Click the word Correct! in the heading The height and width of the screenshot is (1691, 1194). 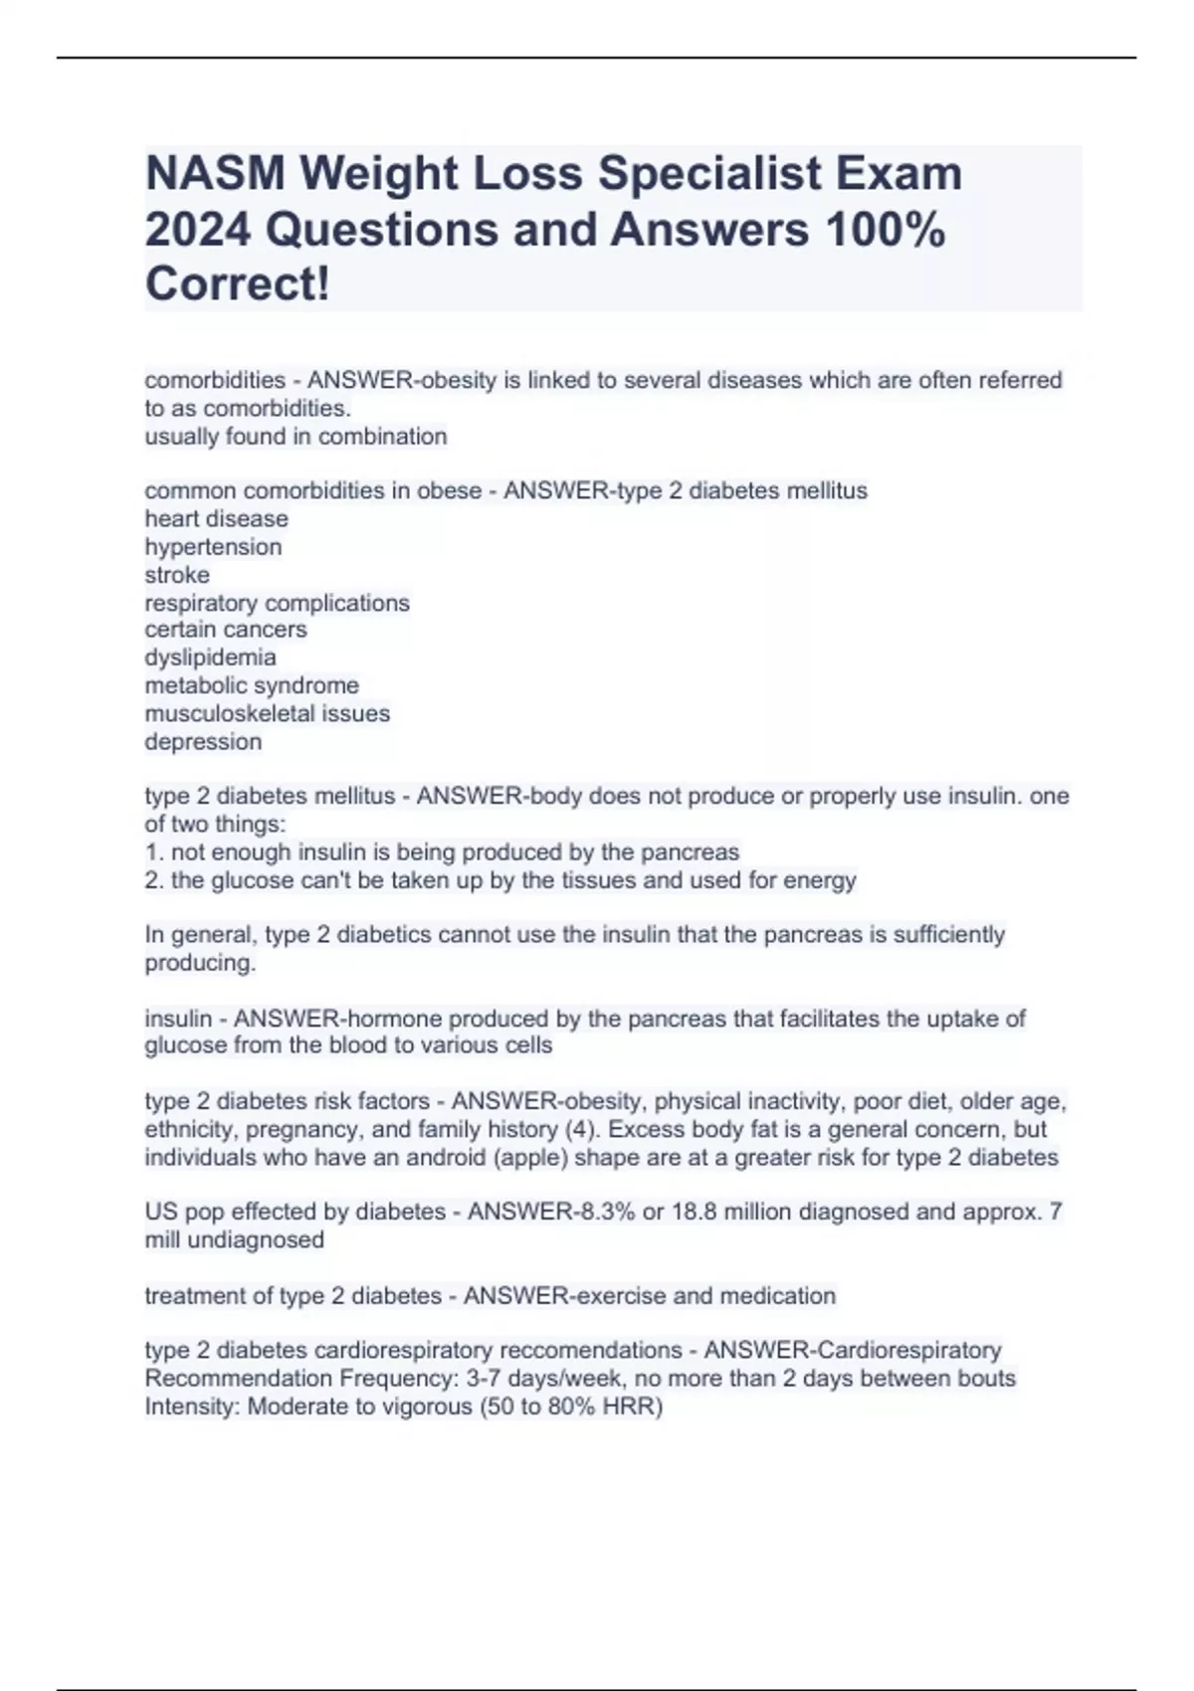(x=237, y=284)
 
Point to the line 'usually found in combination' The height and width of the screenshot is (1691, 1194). (x=296, y=437)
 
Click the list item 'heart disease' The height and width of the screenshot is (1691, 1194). (x=216, y=519)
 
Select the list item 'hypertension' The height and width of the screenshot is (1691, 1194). (x=213, y=547)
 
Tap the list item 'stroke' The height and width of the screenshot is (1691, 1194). (x=177, y=575)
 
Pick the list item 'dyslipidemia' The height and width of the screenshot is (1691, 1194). (x=210, y=658)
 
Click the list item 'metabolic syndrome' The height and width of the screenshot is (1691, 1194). (x=252, y=685)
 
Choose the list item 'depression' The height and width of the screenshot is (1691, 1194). (x=203, y=742)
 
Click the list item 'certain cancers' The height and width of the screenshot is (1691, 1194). (x=226, y=630)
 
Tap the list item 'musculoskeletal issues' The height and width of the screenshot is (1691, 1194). (x=267, y=713)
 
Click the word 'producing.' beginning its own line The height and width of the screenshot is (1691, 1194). (x=200, y=963)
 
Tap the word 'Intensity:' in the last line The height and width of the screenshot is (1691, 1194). (x=192, y=1407)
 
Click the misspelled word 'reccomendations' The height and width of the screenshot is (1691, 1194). (x=590, y=1351)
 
